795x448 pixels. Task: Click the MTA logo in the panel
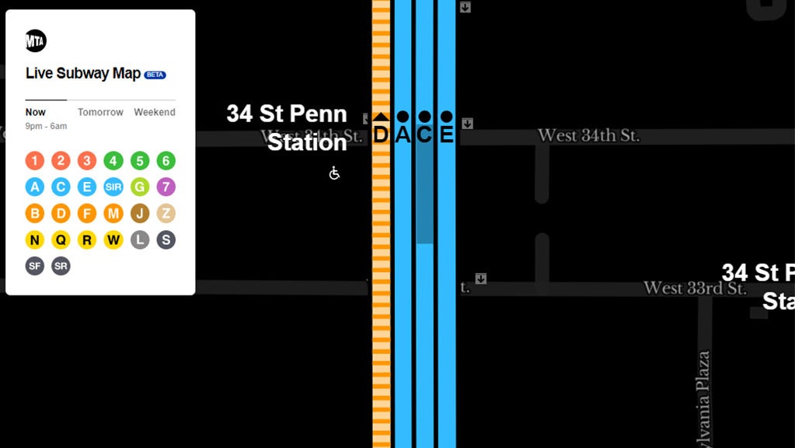point(36,40)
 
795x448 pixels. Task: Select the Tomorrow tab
point(100,112)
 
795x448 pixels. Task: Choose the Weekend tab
point(155,112)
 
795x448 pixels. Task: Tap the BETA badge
point(155,75)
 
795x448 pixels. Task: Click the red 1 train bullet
point(34,161)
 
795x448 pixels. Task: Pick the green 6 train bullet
point(166,161)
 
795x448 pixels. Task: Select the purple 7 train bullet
point(166,187)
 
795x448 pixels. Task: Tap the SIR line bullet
point(113,187)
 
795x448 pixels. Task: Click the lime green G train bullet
point(140,187)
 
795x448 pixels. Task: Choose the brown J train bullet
point(140,213)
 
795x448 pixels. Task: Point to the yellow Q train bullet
point(61,240)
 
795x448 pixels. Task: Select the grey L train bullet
point(140,240)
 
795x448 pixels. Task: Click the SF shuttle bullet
point(34,266)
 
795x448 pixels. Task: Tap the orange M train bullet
point(113,213)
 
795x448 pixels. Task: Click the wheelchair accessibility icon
point(334,173)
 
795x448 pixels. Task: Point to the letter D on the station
point(381,135)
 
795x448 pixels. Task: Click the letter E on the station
point(446,135)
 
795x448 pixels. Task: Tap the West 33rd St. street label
point(695,288)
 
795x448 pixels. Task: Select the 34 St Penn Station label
point(287,128)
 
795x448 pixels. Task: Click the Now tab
point(36,112)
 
